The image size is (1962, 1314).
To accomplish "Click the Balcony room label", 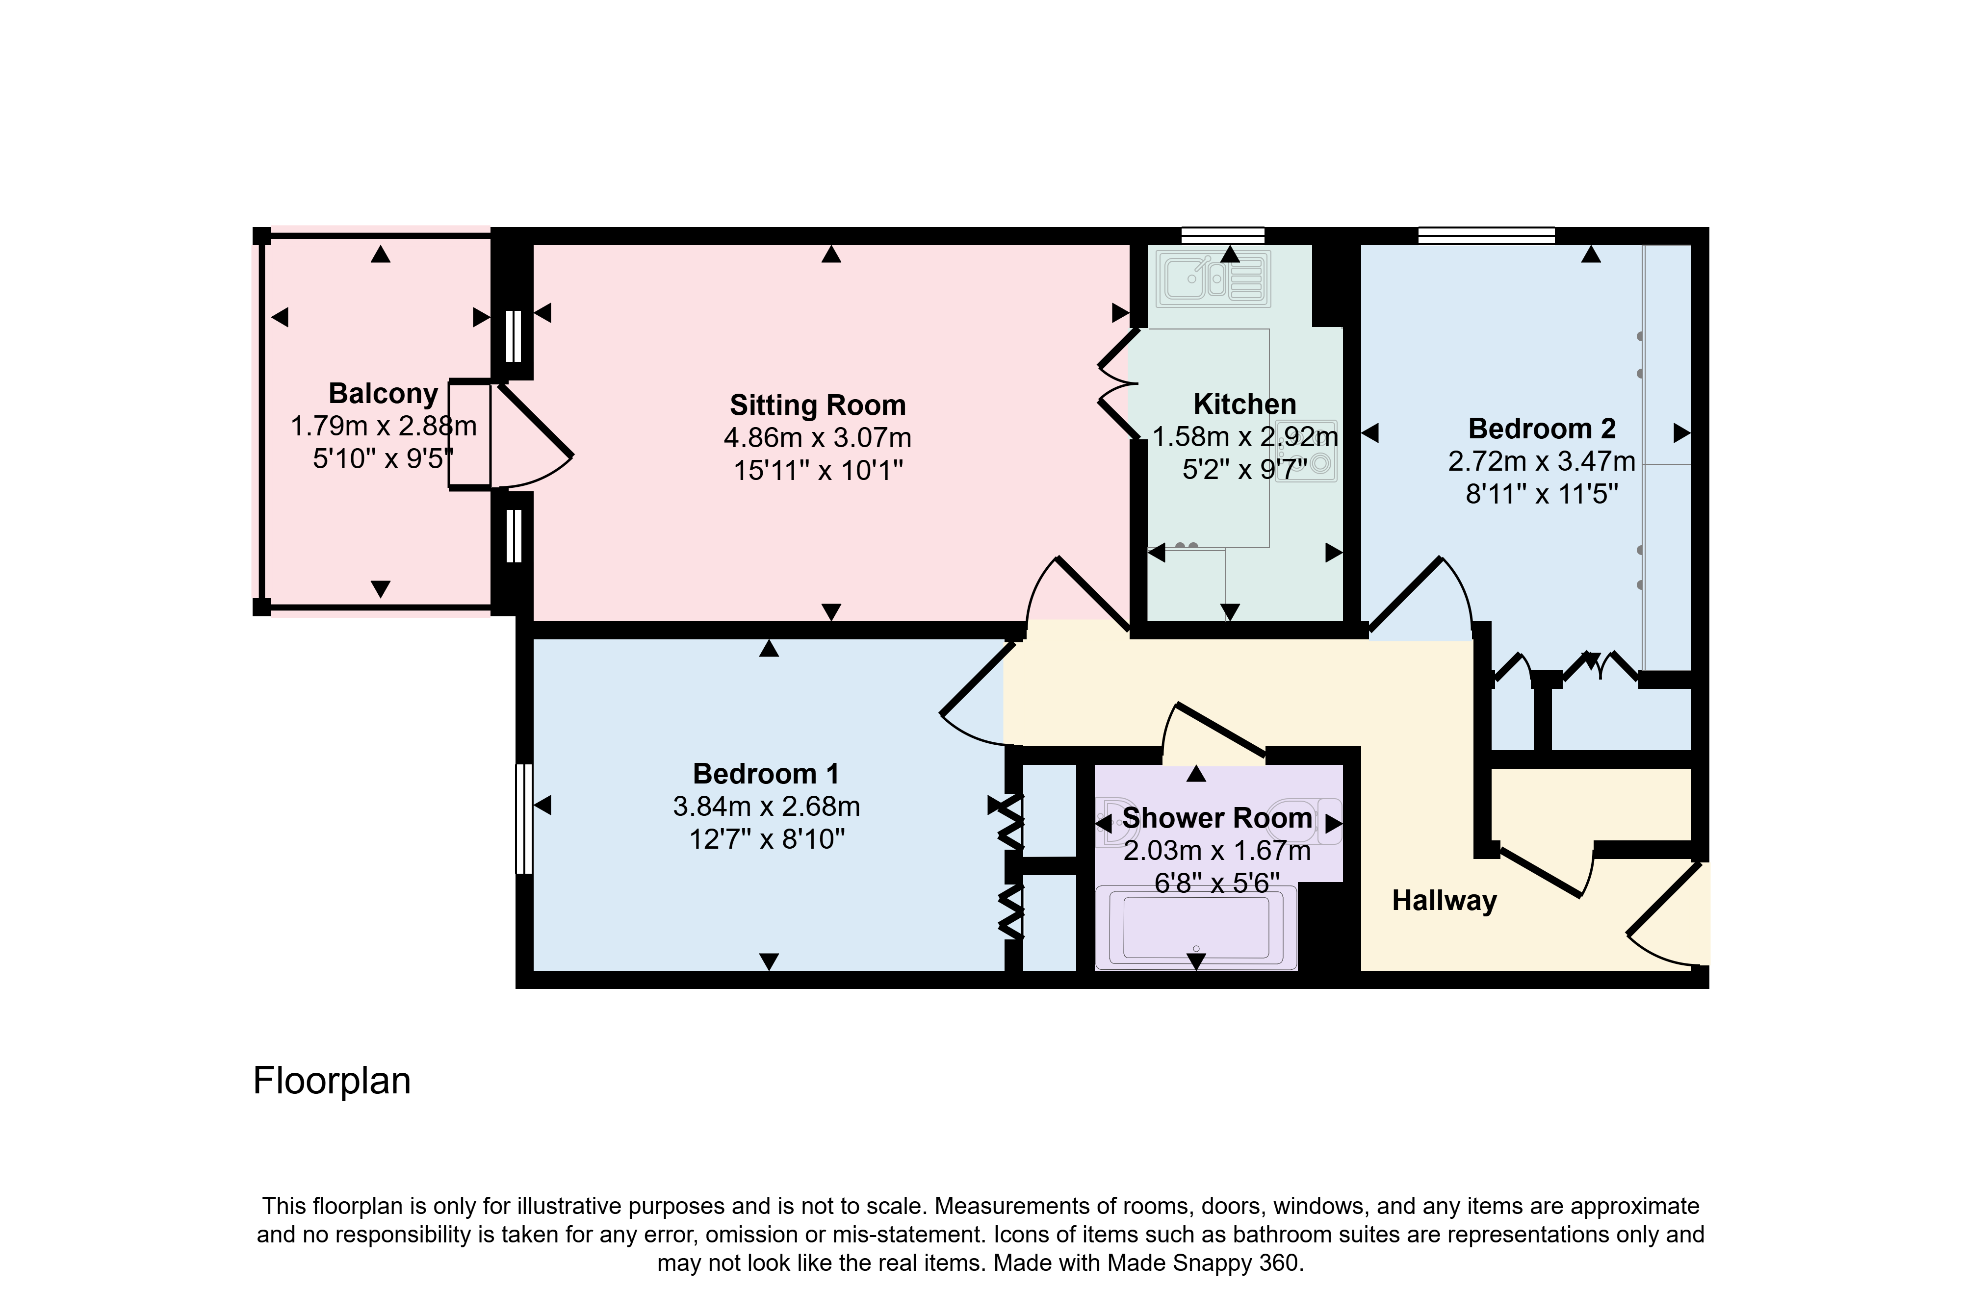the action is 383,394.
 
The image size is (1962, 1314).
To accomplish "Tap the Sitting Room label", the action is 818,405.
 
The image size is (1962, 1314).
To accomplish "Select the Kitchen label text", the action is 1244,404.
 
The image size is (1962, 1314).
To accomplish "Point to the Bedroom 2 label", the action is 1542,429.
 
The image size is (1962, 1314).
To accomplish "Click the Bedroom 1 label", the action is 766,774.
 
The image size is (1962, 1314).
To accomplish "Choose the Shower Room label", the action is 1217,818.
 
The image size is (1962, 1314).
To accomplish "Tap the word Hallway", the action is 1444,901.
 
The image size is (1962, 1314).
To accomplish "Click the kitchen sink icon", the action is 1213,278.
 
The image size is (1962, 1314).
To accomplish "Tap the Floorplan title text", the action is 332,1081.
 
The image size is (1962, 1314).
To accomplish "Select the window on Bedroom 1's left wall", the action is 524,818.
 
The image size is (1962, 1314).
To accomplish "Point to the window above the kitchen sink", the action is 1223,235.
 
